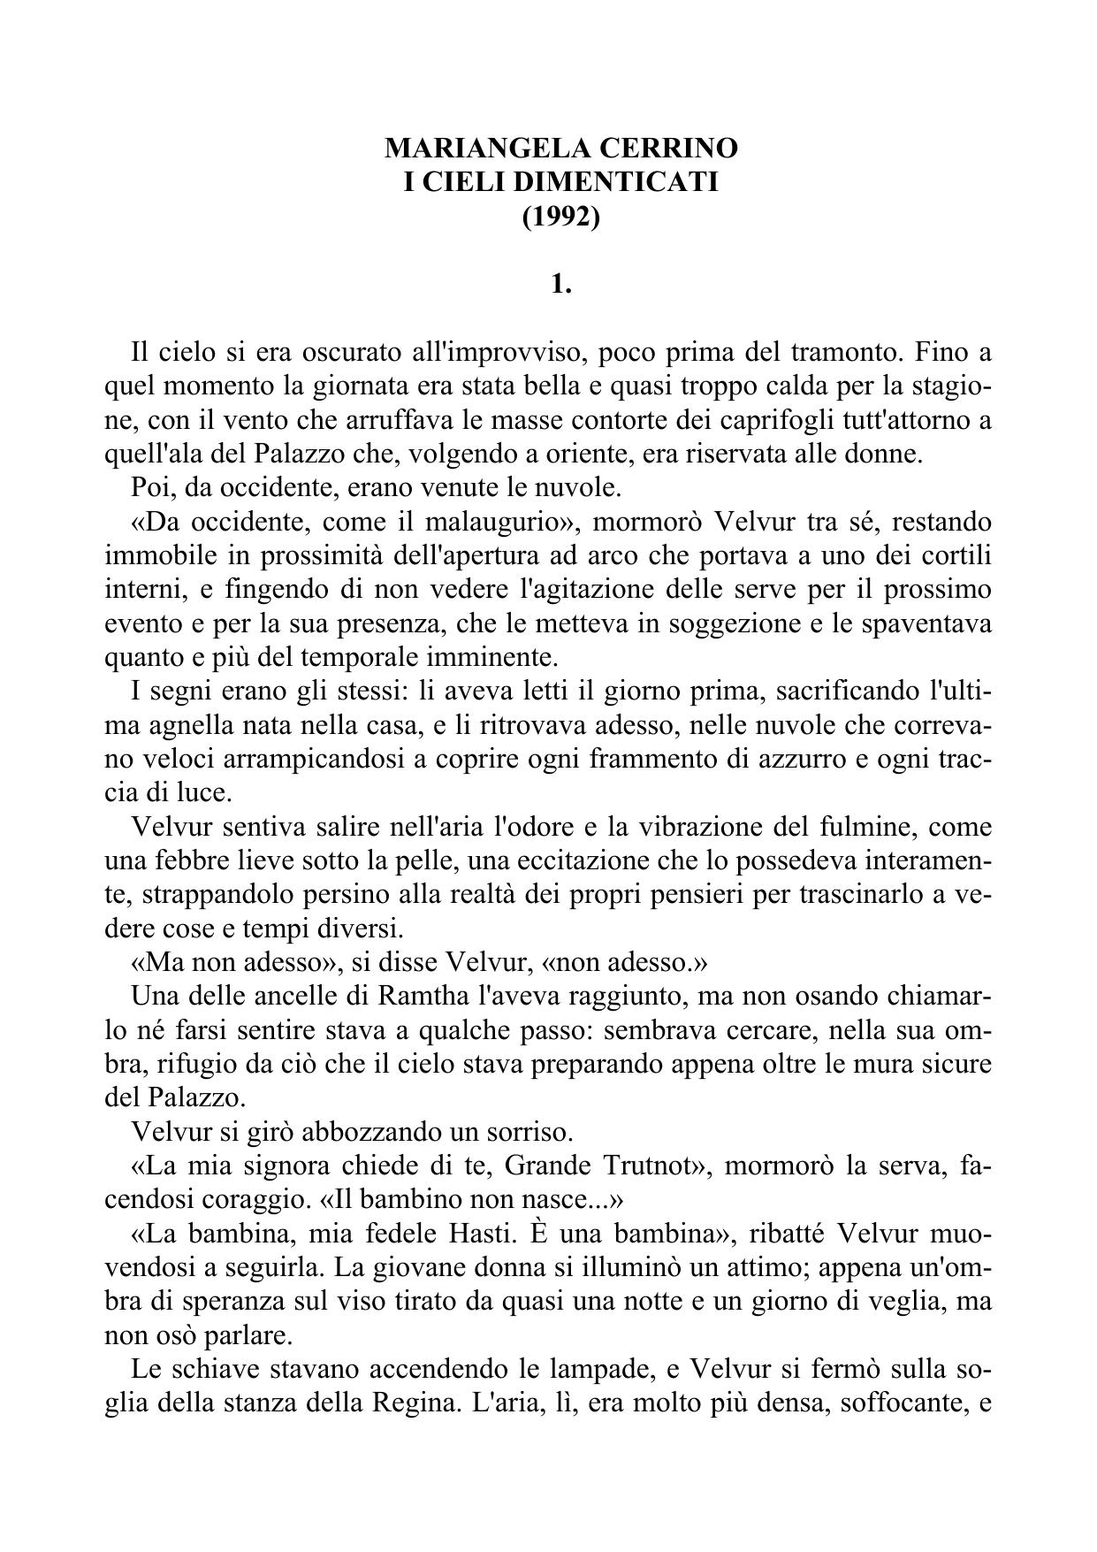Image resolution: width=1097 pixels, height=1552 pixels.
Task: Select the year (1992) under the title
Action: (561, 216)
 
